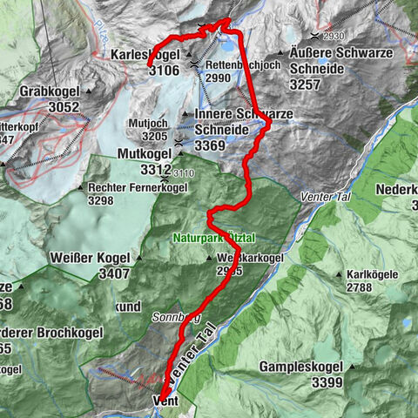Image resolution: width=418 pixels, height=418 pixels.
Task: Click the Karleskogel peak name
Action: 146,55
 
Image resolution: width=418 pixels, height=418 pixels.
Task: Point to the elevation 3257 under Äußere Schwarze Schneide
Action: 310,86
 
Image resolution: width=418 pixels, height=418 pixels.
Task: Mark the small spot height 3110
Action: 184,173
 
